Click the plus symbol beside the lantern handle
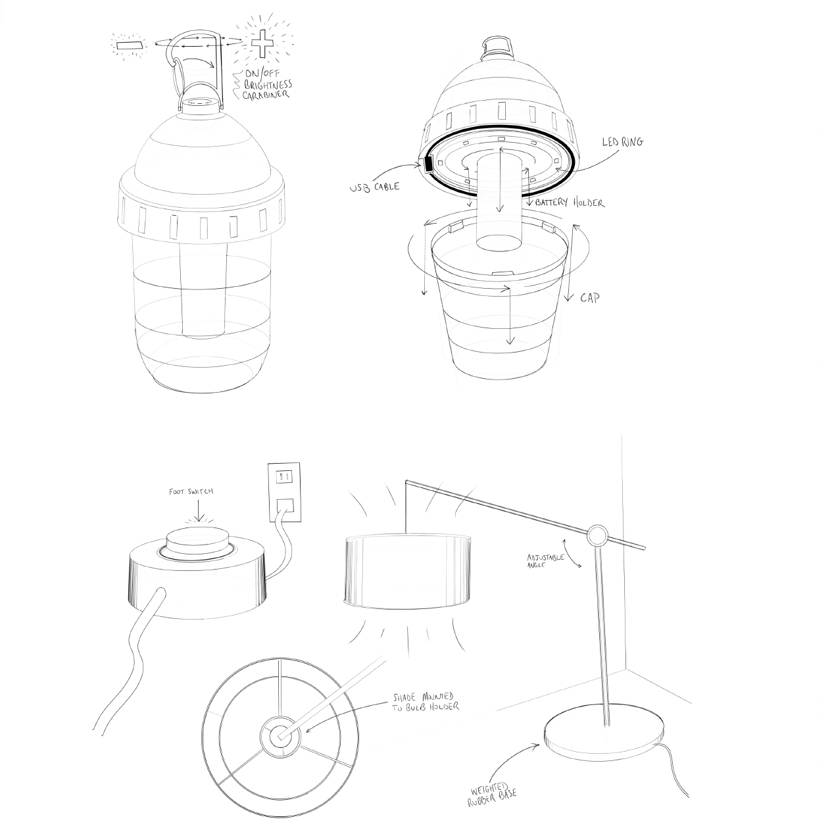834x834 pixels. click(263, 43)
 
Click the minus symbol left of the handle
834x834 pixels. click(130, 45)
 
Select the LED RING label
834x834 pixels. click(623, 142)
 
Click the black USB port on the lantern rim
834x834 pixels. click(428, 164)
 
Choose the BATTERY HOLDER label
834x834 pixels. click(570, 202)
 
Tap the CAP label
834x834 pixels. click(590, 298)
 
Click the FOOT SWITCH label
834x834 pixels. click(191, 492)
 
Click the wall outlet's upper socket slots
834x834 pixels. click(284, 478)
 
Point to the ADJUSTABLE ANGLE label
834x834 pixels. click(545, 560)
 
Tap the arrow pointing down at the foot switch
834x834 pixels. click(199, 510)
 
